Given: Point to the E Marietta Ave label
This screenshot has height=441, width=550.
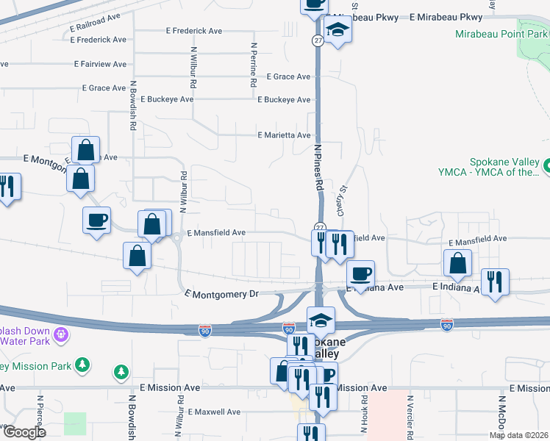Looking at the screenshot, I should click(x=284, y=135).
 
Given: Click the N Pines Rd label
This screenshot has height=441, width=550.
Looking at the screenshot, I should click(x=319, y=167).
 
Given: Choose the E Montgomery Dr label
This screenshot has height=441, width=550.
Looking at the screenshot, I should click(x=221, y=294).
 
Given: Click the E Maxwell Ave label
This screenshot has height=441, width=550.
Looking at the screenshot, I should click(x=214, y=412).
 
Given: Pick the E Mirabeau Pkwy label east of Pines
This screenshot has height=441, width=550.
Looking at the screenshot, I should click(x=446, y=16).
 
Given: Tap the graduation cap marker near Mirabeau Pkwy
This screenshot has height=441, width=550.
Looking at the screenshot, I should click(x=337, y=29).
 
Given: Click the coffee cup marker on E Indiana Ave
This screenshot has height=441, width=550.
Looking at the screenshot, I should click(x=360, y=274).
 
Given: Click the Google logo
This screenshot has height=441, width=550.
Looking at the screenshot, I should click(x=24, y=432).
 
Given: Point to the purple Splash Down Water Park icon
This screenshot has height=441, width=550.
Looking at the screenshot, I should click(x=60, y=334).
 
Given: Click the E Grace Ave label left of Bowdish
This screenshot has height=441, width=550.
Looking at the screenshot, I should click(x=104, y=88).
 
